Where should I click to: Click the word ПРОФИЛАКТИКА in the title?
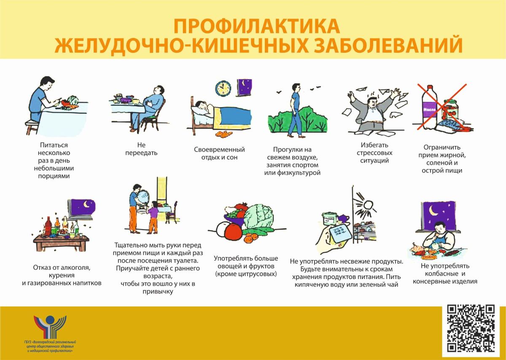(x=257, y=26)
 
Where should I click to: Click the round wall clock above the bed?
(x=223, y=88)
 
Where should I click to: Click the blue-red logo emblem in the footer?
(x=50, y=329)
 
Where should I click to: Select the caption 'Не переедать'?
(x=141, y=149)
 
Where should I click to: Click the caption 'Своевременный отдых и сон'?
(x=219, y=153)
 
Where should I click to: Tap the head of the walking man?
(x=296, y=87)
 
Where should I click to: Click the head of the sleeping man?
(x=201, y=105)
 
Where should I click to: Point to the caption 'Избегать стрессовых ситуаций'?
(x=374, y=153)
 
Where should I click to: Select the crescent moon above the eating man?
(x=432, y=211)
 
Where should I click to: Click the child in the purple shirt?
(x=153, y=217)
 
